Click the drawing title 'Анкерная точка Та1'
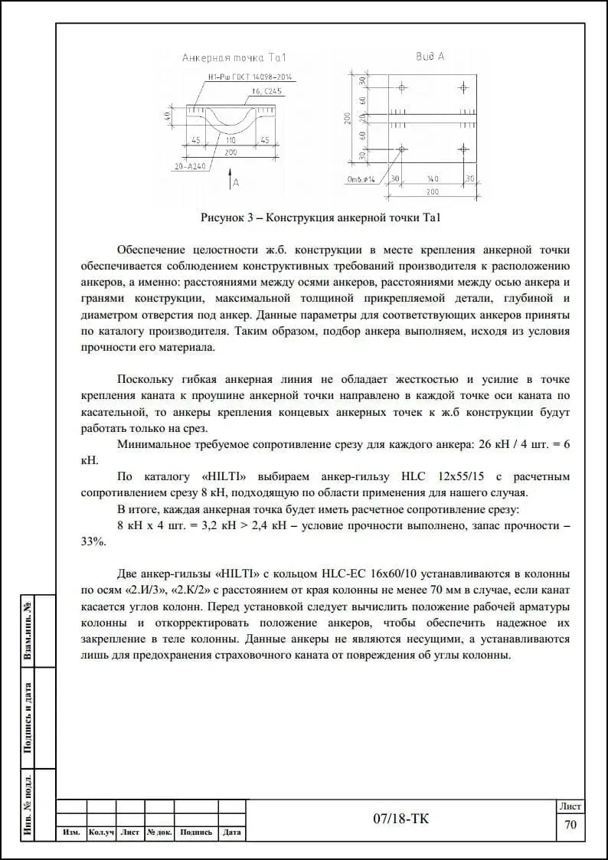[x=234, y=57]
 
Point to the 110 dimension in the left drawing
[x=230, y=141]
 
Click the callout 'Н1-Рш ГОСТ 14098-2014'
[x=250, y=77]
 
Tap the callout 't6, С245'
[x=267, y=92]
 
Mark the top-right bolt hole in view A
[x=462, y=87]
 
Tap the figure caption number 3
[x=250, y=217]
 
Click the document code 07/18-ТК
[x=400, y=819]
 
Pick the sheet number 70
[x=570, y=825]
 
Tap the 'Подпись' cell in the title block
[x=197, y=832]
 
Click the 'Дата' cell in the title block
[x=232, y=832]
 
